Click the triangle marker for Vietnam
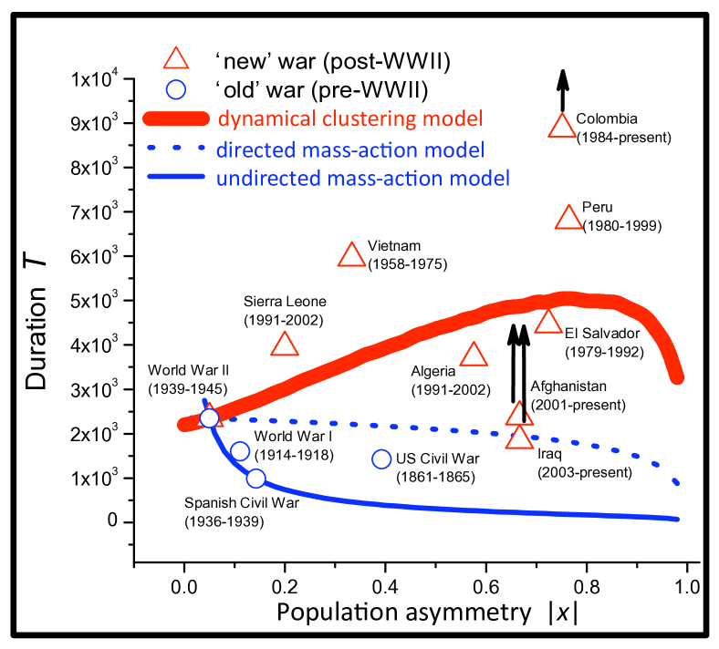point(351,256)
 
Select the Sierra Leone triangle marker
point(285,345)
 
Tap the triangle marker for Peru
point(568,218)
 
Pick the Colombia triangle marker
point(562,127)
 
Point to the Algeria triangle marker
point(474,355)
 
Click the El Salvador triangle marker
point(547,322)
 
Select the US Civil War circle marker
point(382,458)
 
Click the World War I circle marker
point(240,451)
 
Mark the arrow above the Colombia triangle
point(563,89)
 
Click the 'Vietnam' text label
point(393,245)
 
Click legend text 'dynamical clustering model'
point(350,118)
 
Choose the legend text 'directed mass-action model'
point(350,149)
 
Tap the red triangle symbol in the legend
point(175,60)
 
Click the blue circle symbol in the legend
point(176,89)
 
